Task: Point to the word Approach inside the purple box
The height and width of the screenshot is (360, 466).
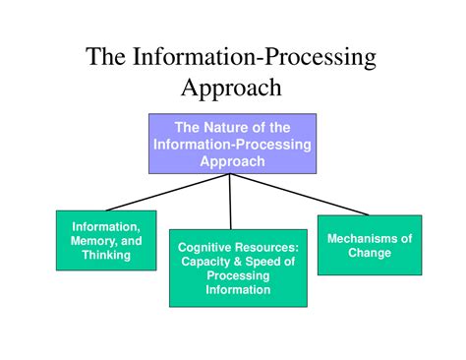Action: point(232,161)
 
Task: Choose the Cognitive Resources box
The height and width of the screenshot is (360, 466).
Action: point(238,268)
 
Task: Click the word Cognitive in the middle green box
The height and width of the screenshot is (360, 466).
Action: point(204,248)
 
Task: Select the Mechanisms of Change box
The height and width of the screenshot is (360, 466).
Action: point(369,245)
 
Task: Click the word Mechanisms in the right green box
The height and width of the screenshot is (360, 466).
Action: point(369,238)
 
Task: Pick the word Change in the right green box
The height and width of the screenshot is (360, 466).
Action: point(369,253)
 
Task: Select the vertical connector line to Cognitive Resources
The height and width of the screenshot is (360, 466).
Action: point(231,202)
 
